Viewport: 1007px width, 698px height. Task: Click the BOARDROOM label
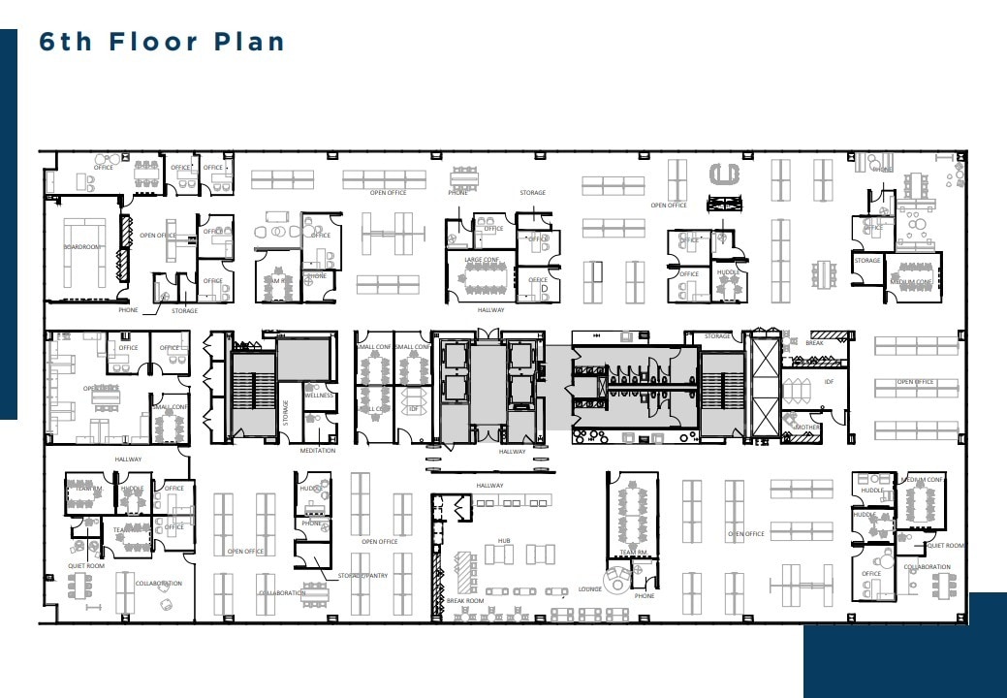tap(82, 247)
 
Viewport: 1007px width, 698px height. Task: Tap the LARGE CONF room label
tap(482, 260)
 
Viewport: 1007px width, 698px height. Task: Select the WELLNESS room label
tap(319, 396)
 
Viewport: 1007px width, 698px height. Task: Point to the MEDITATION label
tap(317, 451)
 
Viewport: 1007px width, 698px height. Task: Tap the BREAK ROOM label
tap(464, 601)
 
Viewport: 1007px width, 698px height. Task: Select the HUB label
tap(504, 540)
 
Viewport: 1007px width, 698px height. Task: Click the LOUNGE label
tap(590, 588)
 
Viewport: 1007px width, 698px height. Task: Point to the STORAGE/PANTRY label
tap(363, 576)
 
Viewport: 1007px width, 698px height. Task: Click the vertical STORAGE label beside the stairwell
tap(286, 411)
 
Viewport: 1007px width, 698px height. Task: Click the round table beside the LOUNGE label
tap(616, 584)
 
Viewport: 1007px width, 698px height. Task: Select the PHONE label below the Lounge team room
tap(644, 596)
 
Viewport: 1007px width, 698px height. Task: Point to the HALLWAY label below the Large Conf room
tap(490, 310)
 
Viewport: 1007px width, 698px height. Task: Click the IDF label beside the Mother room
tap(829, 382)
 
